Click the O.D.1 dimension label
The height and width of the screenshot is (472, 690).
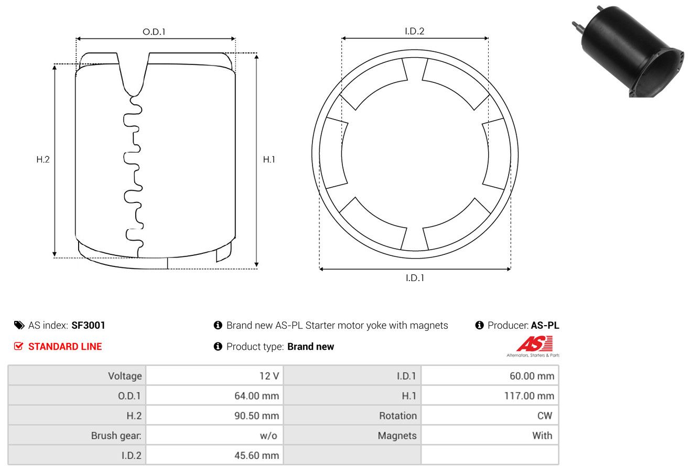pyautogui.click(x=154, y=32)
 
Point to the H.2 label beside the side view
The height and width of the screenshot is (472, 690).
pyautogui.click(x=43, y=159)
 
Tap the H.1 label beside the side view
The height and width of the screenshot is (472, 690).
pyautogui.click(x=269, y=159)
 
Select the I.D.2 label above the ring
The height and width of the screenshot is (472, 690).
pyautogui.click(x=414, y=31)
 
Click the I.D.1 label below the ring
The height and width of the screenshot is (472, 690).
pyautogui.click(x=415, y=278)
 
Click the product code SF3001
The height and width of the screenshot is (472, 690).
pyautogui.click(x=89, y=325)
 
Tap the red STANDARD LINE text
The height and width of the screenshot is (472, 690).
pyautogui.click(x=65, y=347)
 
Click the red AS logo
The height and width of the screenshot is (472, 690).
pyautogui.click(x=534, y=344)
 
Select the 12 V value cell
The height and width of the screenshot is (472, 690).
pyautogui.click(x=214, y=376)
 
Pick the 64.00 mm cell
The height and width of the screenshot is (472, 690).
pyautogui.click(x=214, y=395)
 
